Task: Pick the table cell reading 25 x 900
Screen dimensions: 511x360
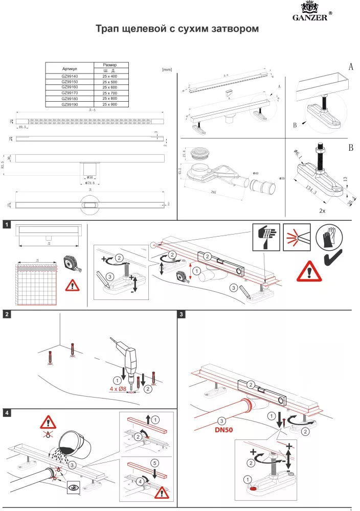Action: (109, 104)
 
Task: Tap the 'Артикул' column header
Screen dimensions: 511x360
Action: (70, 68)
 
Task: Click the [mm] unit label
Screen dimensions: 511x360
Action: (166, 69)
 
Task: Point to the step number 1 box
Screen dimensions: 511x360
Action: (6, 224)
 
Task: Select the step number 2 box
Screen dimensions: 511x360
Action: (6, 314)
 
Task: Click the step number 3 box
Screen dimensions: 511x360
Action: (182, 314)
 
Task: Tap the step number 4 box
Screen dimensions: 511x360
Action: (6, 412)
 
